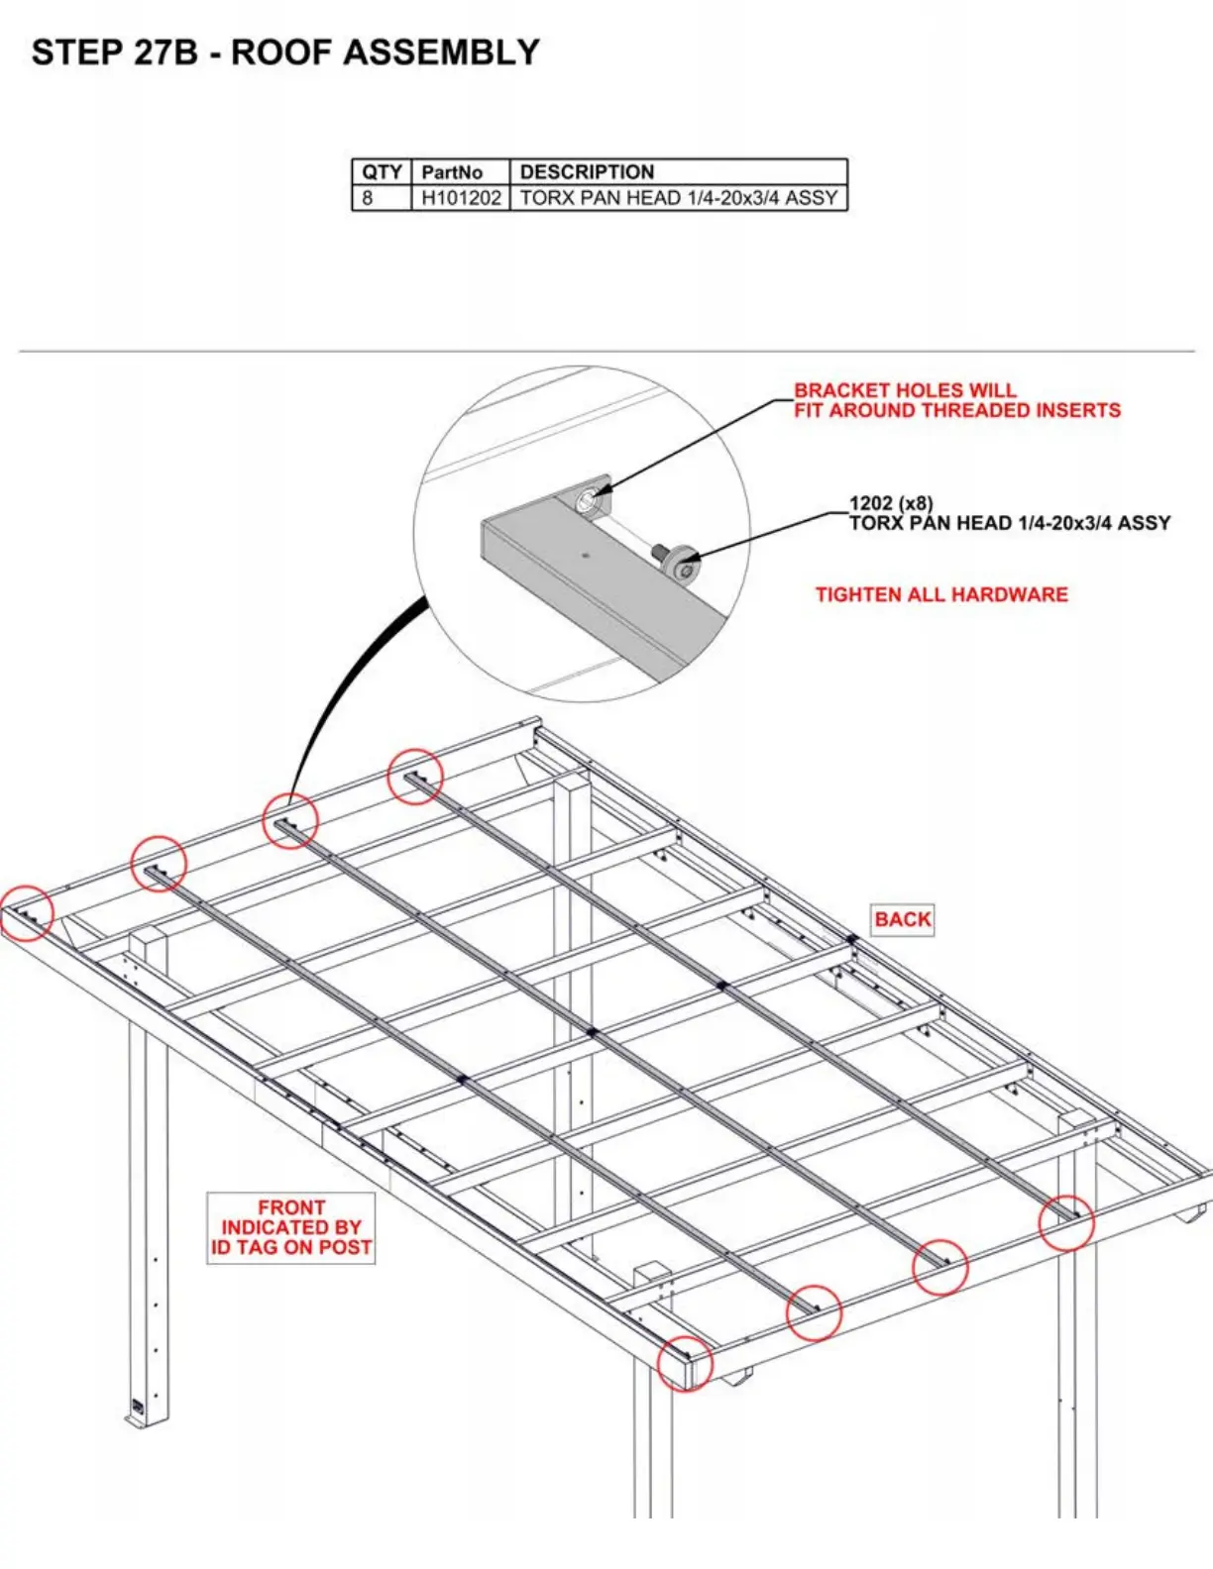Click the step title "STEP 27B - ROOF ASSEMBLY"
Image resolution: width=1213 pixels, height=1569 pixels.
285,52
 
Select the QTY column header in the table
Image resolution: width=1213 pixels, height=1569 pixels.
382,171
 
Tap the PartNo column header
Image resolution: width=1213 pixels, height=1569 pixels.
452,171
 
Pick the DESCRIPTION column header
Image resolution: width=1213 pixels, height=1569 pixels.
587,171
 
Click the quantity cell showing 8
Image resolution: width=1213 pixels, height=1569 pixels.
368,197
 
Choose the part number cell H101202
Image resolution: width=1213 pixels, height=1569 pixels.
461,197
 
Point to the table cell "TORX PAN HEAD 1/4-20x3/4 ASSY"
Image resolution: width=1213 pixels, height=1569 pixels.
679,197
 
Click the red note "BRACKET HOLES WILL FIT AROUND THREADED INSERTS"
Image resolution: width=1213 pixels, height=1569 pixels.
956,400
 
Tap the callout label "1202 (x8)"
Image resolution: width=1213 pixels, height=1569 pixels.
891,503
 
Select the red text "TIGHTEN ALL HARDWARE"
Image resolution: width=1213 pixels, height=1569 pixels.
941,594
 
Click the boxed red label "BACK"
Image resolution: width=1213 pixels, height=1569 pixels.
903,919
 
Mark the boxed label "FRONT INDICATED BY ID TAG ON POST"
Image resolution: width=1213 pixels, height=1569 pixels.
291,1227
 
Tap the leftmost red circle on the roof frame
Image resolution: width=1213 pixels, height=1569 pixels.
27,912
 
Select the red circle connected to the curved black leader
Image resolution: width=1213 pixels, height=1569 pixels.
290,820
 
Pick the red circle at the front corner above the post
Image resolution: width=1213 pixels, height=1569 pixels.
685,1364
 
